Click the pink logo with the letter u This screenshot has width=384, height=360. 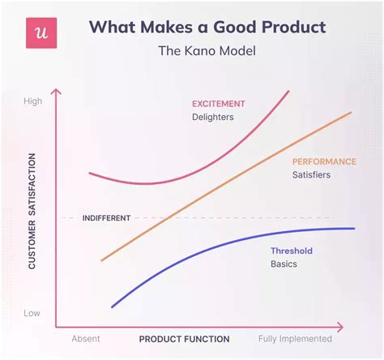click(x=41, y=33)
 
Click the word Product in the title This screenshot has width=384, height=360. click(x=293, y=27)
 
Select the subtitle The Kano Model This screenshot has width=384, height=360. click(x=207, y=51)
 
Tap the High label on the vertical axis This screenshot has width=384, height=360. click(x=33, y=101)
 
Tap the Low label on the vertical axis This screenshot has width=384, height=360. click(x=32, y=313)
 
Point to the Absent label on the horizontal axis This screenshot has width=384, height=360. click(x=86, y=339)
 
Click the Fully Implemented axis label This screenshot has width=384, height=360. click(x=295, y=339)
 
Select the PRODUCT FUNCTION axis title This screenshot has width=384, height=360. click(x=185, y=339)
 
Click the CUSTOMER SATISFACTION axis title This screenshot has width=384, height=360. click(x=32, y=212)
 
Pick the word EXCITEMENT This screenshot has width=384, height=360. click(x=219, y=104)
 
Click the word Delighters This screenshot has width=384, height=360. click(x=213, y=117)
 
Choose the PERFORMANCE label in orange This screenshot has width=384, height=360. click(x=324, y=161)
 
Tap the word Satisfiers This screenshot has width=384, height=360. click(x=311, y=174)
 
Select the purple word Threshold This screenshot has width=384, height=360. click(x=292, y=251)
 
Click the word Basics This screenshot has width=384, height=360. click(x=284, y=264)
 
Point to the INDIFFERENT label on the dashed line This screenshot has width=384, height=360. click(x=106, y=218)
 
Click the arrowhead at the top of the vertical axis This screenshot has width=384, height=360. click(x=56, y=90)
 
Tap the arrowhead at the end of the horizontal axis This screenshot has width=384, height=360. click(x=343, y=327)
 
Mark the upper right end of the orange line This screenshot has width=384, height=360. click(x=351, y=112)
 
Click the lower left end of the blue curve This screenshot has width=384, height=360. click(x=113, y=307)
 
